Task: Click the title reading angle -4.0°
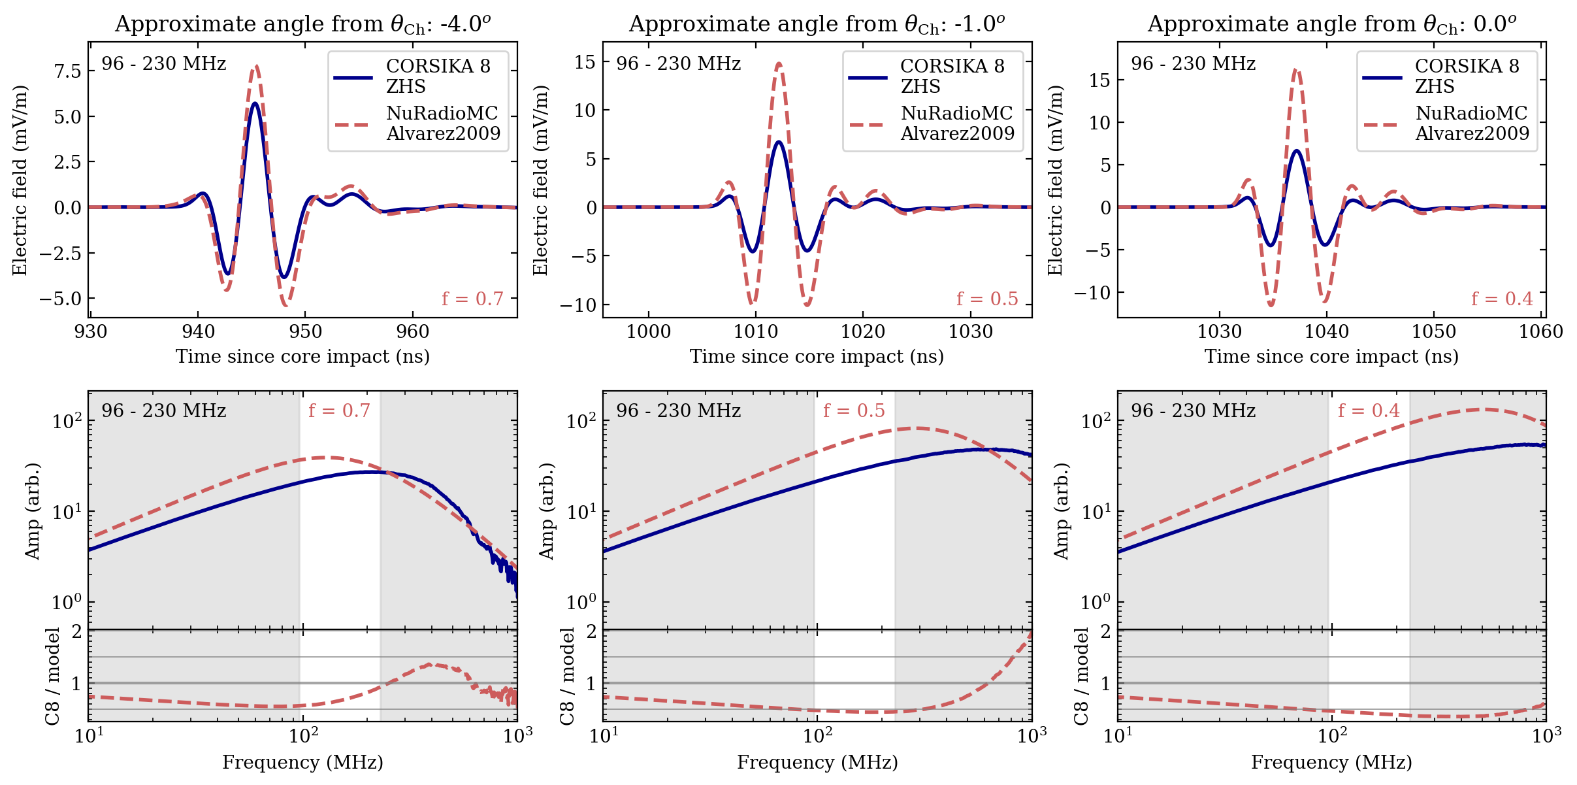(x=302, y=24)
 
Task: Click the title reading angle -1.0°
(x=817, y=24)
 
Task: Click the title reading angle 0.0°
(x=1331, y=24)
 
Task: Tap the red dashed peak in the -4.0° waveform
(x=256, y=66)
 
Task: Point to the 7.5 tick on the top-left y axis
(x=68, y=71)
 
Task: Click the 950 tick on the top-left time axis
(x=306, y=332)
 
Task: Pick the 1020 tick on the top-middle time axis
(x=863, y=332)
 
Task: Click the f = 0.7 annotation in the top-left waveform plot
(x=472, y=299)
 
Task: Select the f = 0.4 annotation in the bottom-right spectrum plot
(x=1369, y=410)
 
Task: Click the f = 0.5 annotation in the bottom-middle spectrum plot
(x=854, y=410)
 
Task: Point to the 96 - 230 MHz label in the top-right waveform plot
(x=1193, y=63)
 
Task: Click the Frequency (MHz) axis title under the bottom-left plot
(x=302, y=762)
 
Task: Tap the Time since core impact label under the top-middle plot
(x=817, y=356)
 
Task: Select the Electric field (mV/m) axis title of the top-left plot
(x=20, y=180)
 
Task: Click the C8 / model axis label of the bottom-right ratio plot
(x=1082, y=676)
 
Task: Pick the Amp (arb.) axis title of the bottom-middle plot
(x=547, y=511)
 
